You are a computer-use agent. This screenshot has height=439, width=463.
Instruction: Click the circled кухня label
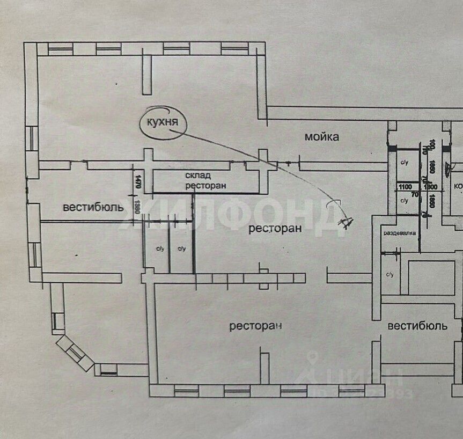pos(164,122)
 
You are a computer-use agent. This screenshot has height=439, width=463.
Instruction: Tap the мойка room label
pos(322,137)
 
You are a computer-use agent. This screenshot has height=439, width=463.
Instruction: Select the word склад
pos(199,175)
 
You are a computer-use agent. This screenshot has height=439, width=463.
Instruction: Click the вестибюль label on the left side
pos(93,207)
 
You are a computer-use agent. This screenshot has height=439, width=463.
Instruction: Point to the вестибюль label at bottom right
pos(417,325)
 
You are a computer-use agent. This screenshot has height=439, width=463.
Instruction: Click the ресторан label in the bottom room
pos(256,326)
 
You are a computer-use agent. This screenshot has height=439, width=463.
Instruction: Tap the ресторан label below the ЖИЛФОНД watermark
pos(274,228)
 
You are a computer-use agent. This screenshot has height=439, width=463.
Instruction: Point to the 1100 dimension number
pos(405,187)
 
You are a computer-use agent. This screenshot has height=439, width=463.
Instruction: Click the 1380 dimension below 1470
pos(137,207)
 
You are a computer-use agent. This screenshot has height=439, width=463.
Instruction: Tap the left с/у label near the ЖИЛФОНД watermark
pos(160,248)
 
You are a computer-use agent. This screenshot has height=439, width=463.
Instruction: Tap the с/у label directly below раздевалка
pos(390,274)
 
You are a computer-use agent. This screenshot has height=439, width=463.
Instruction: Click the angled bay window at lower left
pos(75,353)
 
